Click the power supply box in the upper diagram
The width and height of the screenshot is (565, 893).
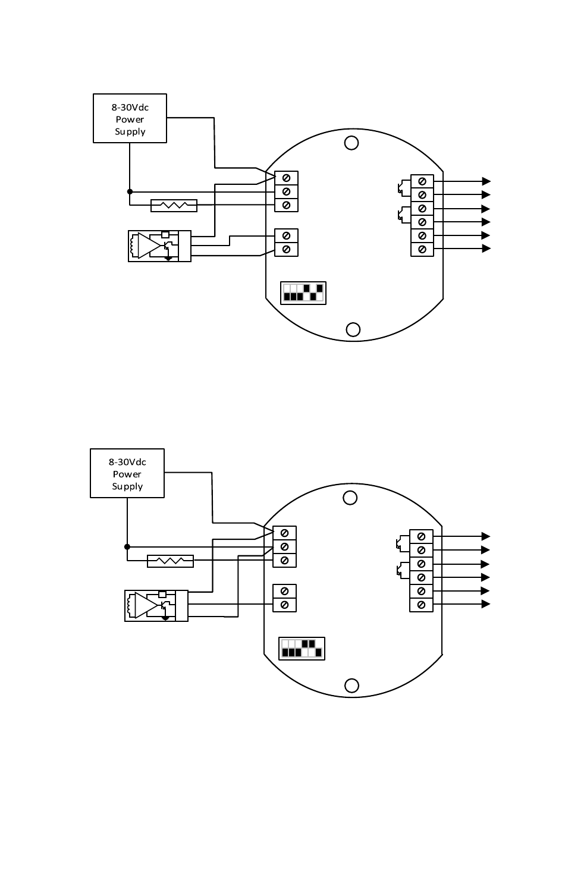point(130,118)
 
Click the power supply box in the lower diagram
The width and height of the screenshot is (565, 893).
point(127,473)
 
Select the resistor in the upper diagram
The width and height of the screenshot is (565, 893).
point(174,205)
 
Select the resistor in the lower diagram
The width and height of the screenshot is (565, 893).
point(170,561)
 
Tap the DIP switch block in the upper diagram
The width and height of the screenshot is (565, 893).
point(303,293)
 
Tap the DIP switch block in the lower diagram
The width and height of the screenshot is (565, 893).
point(302,649)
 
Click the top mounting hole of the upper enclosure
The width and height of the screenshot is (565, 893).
point(351,143)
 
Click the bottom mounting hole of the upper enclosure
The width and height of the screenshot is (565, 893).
point(353,329)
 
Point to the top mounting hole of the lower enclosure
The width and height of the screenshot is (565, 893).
point(350,498)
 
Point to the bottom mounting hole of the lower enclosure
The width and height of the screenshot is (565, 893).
point(351,686)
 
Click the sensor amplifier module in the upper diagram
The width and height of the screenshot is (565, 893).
point(159,246)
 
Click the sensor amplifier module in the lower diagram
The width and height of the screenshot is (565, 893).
point(156,606)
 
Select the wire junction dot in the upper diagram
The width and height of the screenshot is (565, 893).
point(130,191)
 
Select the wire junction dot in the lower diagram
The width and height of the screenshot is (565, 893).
point(127,546)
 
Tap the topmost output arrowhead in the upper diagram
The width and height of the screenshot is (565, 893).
point(486,181)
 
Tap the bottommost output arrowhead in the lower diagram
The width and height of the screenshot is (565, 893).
point(486,604)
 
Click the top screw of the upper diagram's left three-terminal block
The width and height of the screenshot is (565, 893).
point(286,178)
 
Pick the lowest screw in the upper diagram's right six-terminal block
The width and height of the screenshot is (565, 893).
point(422,249)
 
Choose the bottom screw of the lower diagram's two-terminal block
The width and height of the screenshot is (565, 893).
point(284,605)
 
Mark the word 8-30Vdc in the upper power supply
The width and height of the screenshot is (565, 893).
point(130,108)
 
